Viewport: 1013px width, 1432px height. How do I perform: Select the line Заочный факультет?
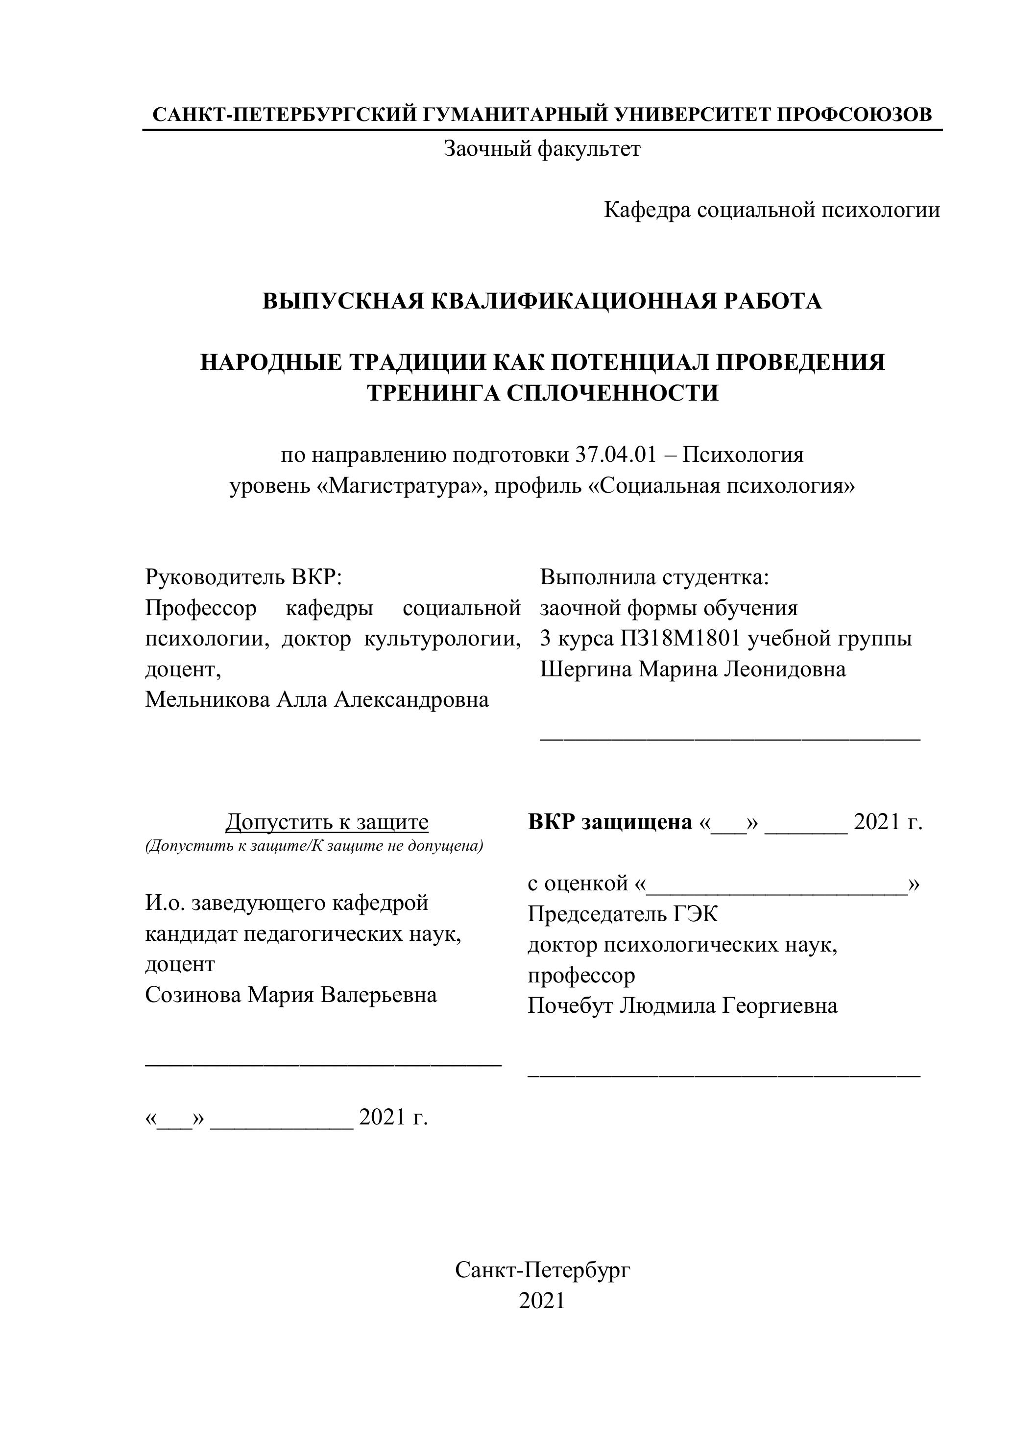click(541, 149)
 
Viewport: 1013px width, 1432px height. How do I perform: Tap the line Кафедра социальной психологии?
click(772, 210)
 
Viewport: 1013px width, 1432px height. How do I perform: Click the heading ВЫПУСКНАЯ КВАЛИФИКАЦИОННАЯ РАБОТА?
click(541, 301)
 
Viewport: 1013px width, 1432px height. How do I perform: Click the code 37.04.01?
click(614, 454)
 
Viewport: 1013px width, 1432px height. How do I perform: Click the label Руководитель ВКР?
click(244, 577)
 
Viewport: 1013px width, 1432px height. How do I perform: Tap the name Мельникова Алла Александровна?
click(317, 700)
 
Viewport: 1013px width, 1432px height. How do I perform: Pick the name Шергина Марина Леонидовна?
click(692, 669)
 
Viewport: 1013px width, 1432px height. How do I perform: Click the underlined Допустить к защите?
click(327, 822)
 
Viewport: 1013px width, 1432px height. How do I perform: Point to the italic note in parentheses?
click(314, 846)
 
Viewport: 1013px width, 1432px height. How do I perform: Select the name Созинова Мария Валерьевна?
click(290, 994)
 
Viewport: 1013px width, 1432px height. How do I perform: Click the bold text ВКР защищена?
click(609, 822)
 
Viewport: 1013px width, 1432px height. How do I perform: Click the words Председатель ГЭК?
click(623, 914)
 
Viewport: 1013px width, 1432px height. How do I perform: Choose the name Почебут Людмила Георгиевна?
click(682, 1006)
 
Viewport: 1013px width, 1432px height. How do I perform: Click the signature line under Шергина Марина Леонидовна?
click(730, 739)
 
